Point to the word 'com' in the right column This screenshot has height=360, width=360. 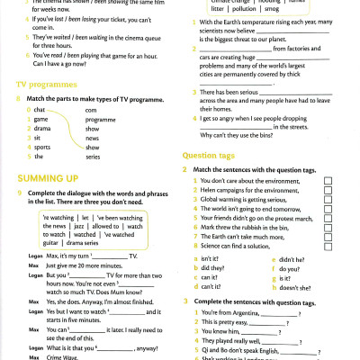coord(91,109)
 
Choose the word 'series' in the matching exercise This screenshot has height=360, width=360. coord(93,157)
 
